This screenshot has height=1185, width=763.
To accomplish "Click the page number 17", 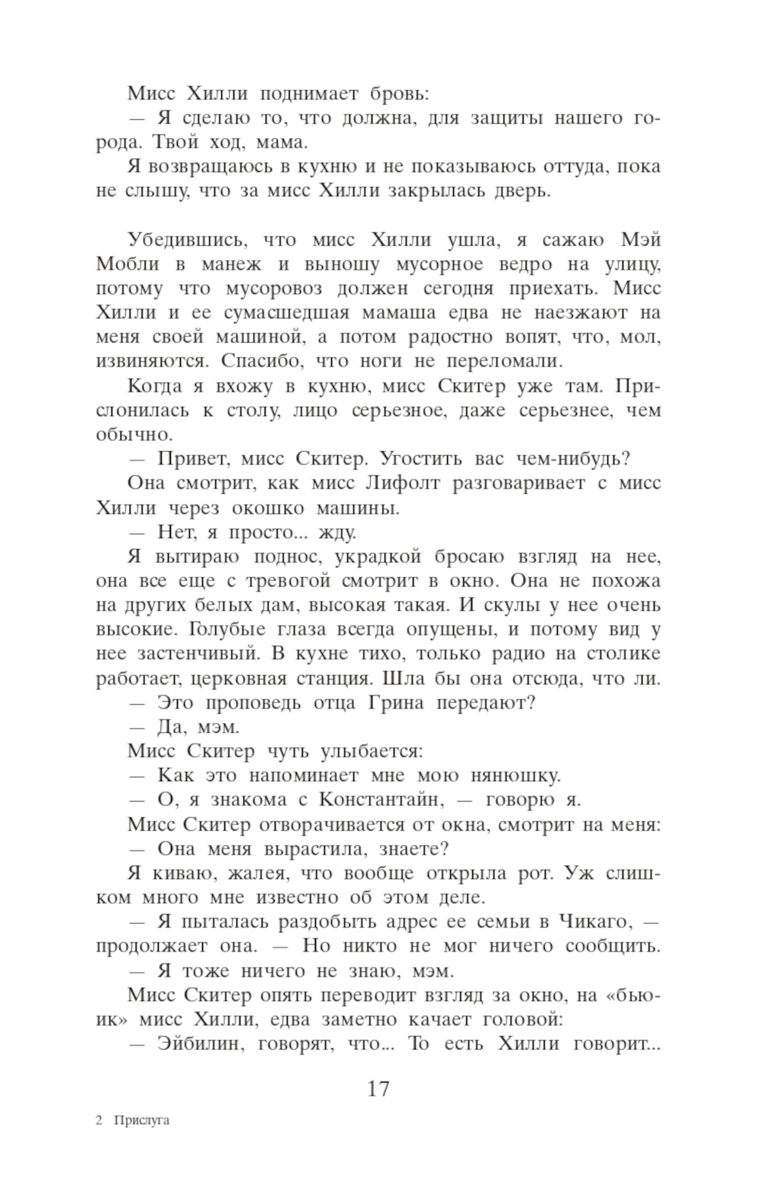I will (378, 1088).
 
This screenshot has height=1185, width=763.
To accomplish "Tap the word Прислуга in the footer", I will (142, 1122).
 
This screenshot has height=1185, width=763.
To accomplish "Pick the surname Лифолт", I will (403, 483).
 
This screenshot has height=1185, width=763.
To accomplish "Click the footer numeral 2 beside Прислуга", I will (99, 1122).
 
